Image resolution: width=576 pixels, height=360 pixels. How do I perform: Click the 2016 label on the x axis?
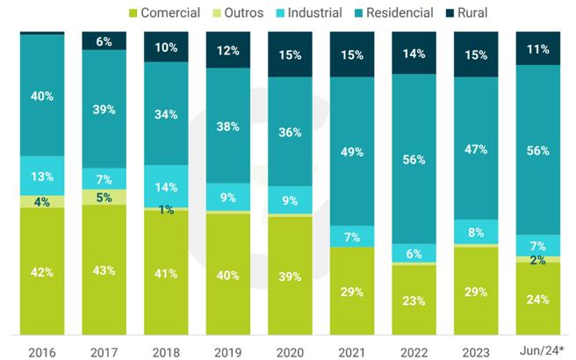41,351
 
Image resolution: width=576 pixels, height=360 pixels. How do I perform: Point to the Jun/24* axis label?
537,351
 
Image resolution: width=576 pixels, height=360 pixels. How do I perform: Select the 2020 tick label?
290,351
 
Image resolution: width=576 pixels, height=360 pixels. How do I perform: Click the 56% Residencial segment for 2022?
414,160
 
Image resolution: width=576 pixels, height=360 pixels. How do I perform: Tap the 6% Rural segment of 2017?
104,41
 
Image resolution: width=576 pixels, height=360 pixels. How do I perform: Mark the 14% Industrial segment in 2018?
166,186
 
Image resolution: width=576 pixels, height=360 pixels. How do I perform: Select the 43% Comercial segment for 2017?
104,270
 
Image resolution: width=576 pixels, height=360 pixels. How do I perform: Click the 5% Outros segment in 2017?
104,198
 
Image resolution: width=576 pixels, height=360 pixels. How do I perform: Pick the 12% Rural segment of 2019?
227,50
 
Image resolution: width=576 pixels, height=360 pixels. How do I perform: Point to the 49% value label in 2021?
352,153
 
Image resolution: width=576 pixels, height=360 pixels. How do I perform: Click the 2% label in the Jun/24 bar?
537,260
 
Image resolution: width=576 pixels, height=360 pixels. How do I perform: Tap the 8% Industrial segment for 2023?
476,233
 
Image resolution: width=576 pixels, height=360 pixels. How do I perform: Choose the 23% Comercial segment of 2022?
414,299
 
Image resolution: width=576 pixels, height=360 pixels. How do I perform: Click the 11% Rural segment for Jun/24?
537,48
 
